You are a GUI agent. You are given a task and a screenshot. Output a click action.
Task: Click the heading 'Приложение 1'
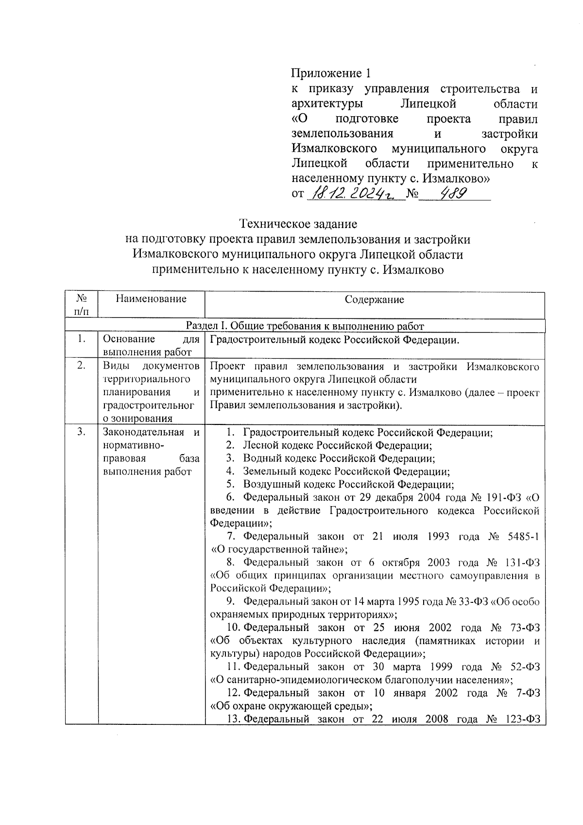[x=330, y=73]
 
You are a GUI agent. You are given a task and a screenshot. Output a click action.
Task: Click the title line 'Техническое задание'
[x=298, y=224]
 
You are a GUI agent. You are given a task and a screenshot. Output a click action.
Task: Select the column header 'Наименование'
[x=151, y=298]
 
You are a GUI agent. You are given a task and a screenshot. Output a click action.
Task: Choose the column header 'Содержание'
[x=374, y=299]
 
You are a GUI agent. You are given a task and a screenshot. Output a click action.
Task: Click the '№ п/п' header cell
[x=82, y=304]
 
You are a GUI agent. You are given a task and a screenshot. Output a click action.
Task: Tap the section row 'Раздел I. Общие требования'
[x=305, y=326]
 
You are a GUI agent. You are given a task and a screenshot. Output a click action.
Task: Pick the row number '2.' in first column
[x=82, y=366]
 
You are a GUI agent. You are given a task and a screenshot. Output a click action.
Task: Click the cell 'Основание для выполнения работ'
[x=151, y=345]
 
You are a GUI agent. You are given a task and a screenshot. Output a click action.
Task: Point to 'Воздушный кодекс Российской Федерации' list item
[x=348, y=484]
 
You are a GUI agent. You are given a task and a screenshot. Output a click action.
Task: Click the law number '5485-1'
[x=522, y=536]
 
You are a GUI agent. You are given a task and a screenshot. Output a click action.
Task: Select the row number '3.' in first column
[x=82, y=432]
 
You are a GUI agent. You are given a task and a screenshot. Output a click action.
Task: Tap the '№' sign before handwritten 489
[x=412, y=194]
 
